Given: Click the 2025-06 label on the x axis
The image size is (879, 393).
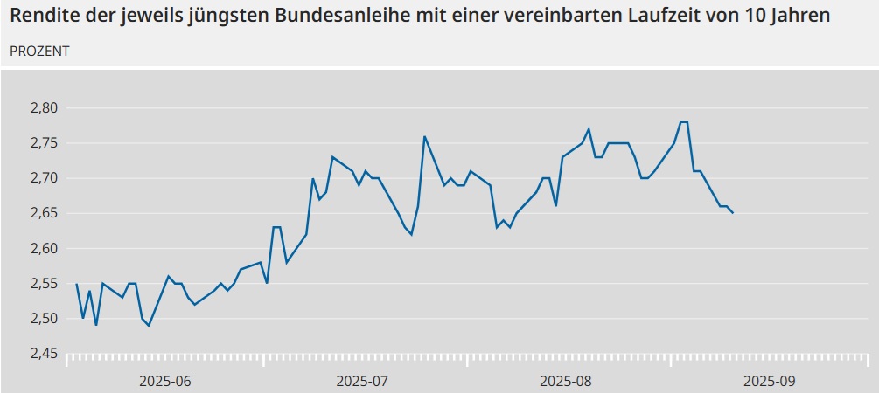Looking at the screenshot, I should [x=164, y=381].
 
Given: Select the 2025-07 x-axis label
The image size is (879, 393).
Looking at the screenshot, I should [x=362, y=381].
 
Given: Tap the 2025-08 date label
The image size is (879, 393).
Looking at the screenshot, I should [x=566, y=381].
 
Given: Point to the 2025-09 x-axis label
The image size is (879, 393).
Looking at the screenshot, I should [x=770, y=381].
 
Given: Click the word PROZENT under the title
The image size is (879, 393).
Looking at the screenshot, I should [x=39, y=51].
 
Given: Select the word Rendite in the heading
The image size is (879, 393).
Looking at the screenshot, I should [x=43, y=17].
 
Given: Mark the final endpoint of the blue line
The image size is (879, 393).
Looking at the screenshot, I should [x=733, y=213].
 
